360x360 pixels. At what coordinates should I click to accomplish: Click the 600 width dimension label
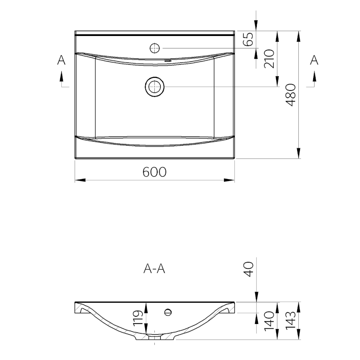tap(154, 172)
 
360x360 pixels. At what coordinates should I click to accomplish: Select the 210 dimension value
tap(269, 59)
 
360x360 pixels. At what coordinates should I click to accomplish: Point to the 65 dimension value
tap(248, 39)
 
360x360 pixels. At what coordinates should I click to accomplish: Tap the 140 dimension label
tap(269, 321)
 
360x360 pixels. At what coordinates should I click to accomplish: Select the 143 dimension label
tap(291, 321)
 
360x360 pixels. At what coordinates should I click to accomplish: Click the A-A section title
tap(154, 269)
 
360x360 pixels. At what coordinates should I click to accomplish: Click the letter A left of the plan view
tap(61, 60)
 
